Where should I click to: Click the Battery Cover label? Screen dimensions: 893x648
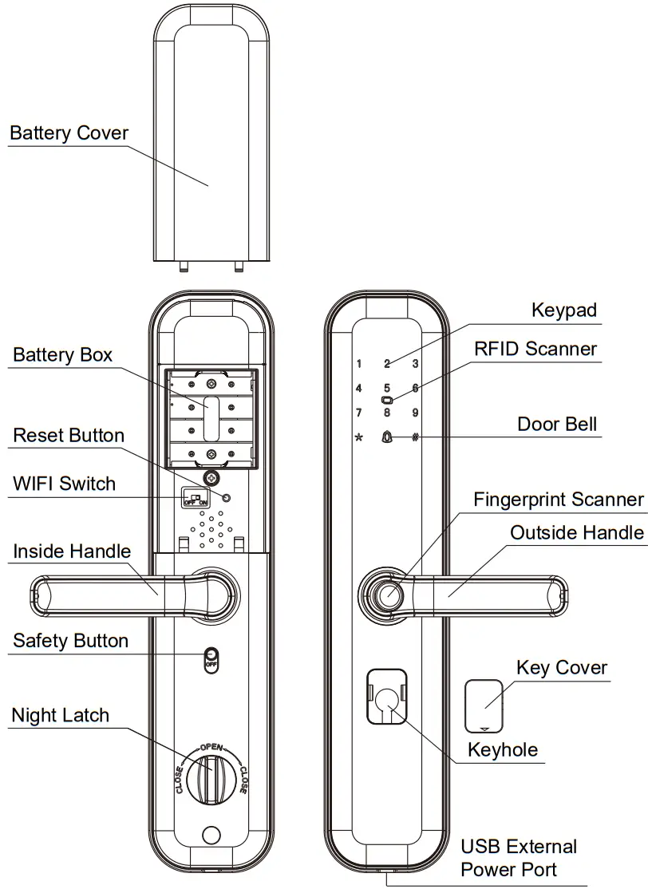coord(69,133)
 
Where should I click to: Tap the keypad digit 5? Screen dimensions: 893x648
coord(387,388)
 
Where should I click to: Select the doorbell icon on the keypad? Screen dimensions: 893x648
coord(387,437)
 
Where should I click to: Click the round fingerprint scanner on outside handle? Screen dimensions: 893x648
coord(389,595)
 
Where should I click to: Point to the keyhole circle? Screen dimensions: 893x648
coord(388,698)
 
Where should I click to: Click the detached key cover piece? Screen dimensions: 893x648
coord(484,704)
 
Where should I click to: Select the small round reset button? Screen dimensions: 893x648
coord(227,498)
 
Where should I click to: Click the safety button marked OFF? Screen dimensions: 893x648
coord(211,658)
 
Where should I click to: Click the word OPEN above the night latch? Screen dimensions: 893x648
coord(211,747)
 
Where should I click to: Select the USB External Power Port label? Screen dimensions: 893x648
coord(519,858)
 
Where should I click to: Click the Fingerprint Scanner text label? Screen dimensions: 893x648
coord(558,500)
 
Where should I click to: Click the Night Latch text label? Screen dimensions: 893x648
coord(60,715)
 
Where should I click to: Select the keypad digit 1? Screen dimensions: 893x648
coord(359,364)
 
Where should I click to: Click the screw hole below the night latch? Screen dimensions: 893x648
coord(211,835)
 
